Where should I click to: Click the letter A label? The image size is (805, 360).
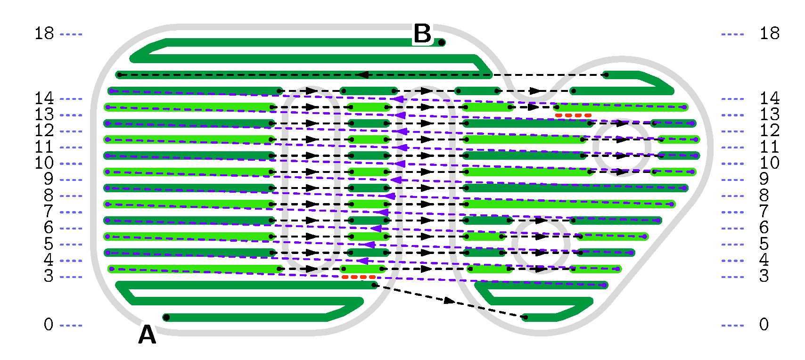(x=147, y=335)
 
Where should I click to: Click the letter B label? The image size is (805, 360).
(x=422, y=34)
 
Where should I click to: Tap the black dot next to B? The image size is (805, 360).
(x=442, y=42)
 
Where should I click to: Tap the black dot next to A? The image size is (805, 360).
(x=166, y=318)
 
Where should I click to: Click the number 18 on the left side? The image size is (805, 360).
(x=44, y=33)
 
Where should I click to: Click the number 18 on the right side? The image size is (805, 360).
(x=769, y=33)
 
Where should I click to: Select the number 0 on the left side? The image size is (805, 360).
(x=49, y=325)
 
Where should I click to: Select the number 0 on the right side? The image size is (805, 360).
(x=764, y=325)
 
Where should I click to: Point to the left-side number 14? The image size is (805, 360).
(x=44, y=98)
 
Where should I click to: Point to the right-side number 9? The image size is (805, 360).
(x=764, y=179)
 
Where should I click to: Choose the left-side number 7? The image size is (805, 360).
(x=49, y=212)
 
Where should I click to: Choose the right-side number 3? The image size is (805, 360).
(x=764, y=276)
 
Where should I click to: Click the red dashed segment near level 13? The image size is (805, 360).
(x=573, y=115)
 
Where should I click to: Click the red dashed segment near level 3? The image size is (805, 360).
(x=359, y=277)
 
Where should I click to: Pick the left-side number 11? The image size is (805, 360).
(x=44, y=147)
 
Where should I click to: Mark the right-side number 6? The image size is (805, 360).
(x=764, y=228)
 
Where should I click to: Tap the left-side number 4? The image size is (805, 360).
(x=49, y=260)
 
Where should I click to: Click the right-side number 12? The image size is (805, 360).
(x=769, y=131)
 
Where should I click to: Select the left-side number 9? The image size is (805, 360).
(x=49, y=179)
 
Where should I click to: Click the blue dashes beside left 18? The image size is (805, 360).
(x=71, y=34)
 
